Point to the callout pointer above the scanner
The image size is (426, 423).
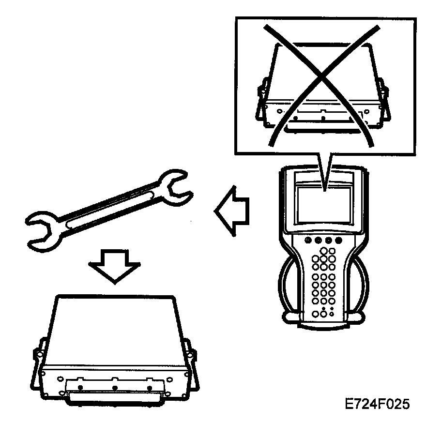point(324,169)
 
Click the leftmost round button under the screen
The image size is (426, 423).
point(308,241)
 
